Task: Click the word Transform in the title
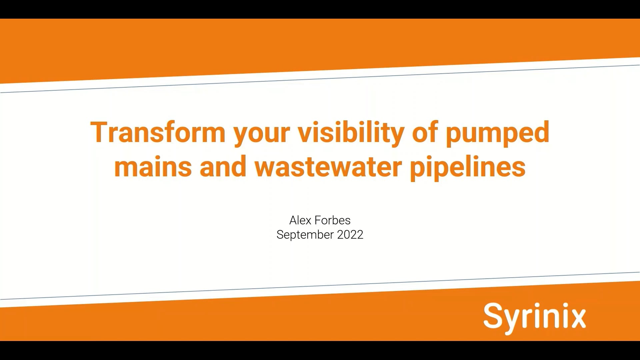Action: [158, 133]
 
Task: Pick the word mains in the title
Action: [153, 167]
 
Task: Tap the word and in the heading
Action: [223, 167]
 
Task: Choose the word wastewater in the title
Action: [328, 167]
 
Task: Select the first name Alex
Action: [300, 220]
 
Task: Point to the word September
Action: [305, 235]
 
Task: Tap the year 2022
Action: [350, 235]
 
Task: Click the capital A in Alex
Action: [293, 220]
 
